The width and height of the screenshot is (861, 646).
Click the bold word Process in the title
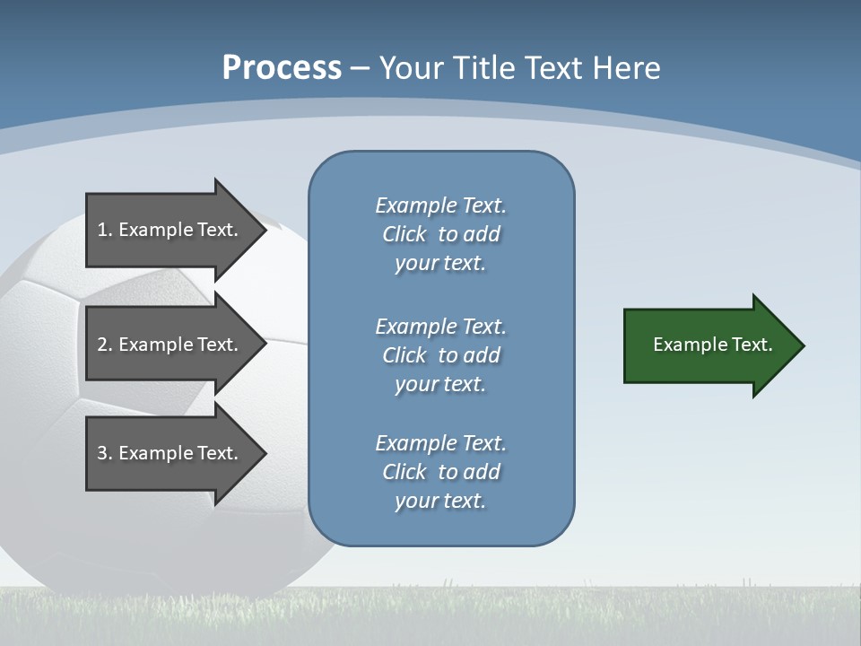click(x=282, y=68)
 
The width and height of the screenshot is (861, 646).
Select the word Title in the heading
click(x=483, y=68)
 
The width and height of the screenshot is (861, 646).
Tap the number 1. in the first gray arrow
click(x=104, y=230)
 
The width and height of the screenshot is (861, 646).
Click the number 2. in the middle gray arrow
click(x=104, y=345)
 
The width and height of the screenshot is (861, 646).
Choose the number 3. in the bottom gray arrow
click(x=104, y=453)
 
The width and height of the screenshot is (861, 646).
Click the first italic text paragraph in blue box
click(x=440, y=234)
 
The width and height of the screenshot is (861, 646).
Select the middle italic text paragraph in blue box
click(x=440, y=355)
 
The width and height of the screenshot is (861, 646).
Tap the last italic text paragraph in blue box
click(x=440, y=472)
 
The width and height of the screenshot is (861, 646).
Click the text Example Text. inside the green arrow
click(x=712, y=345)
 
